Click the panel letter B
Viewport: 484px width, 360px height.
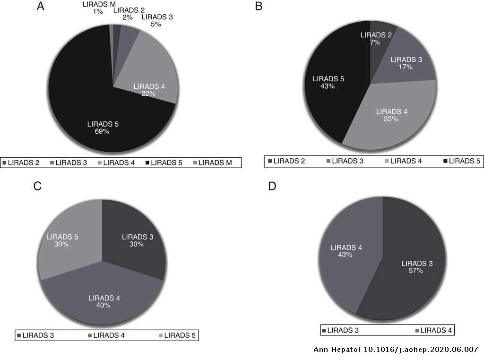click(259, 7)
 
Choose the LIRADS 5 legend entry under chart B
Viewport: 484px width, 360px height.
click(460, 161)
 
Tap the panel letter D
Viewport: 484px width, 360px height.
click(272, 186)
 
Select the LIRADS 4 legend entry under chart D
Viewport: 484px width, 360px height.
click(433, 330)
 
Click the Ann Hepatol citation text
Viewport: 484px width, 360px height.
click(396, 350)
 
